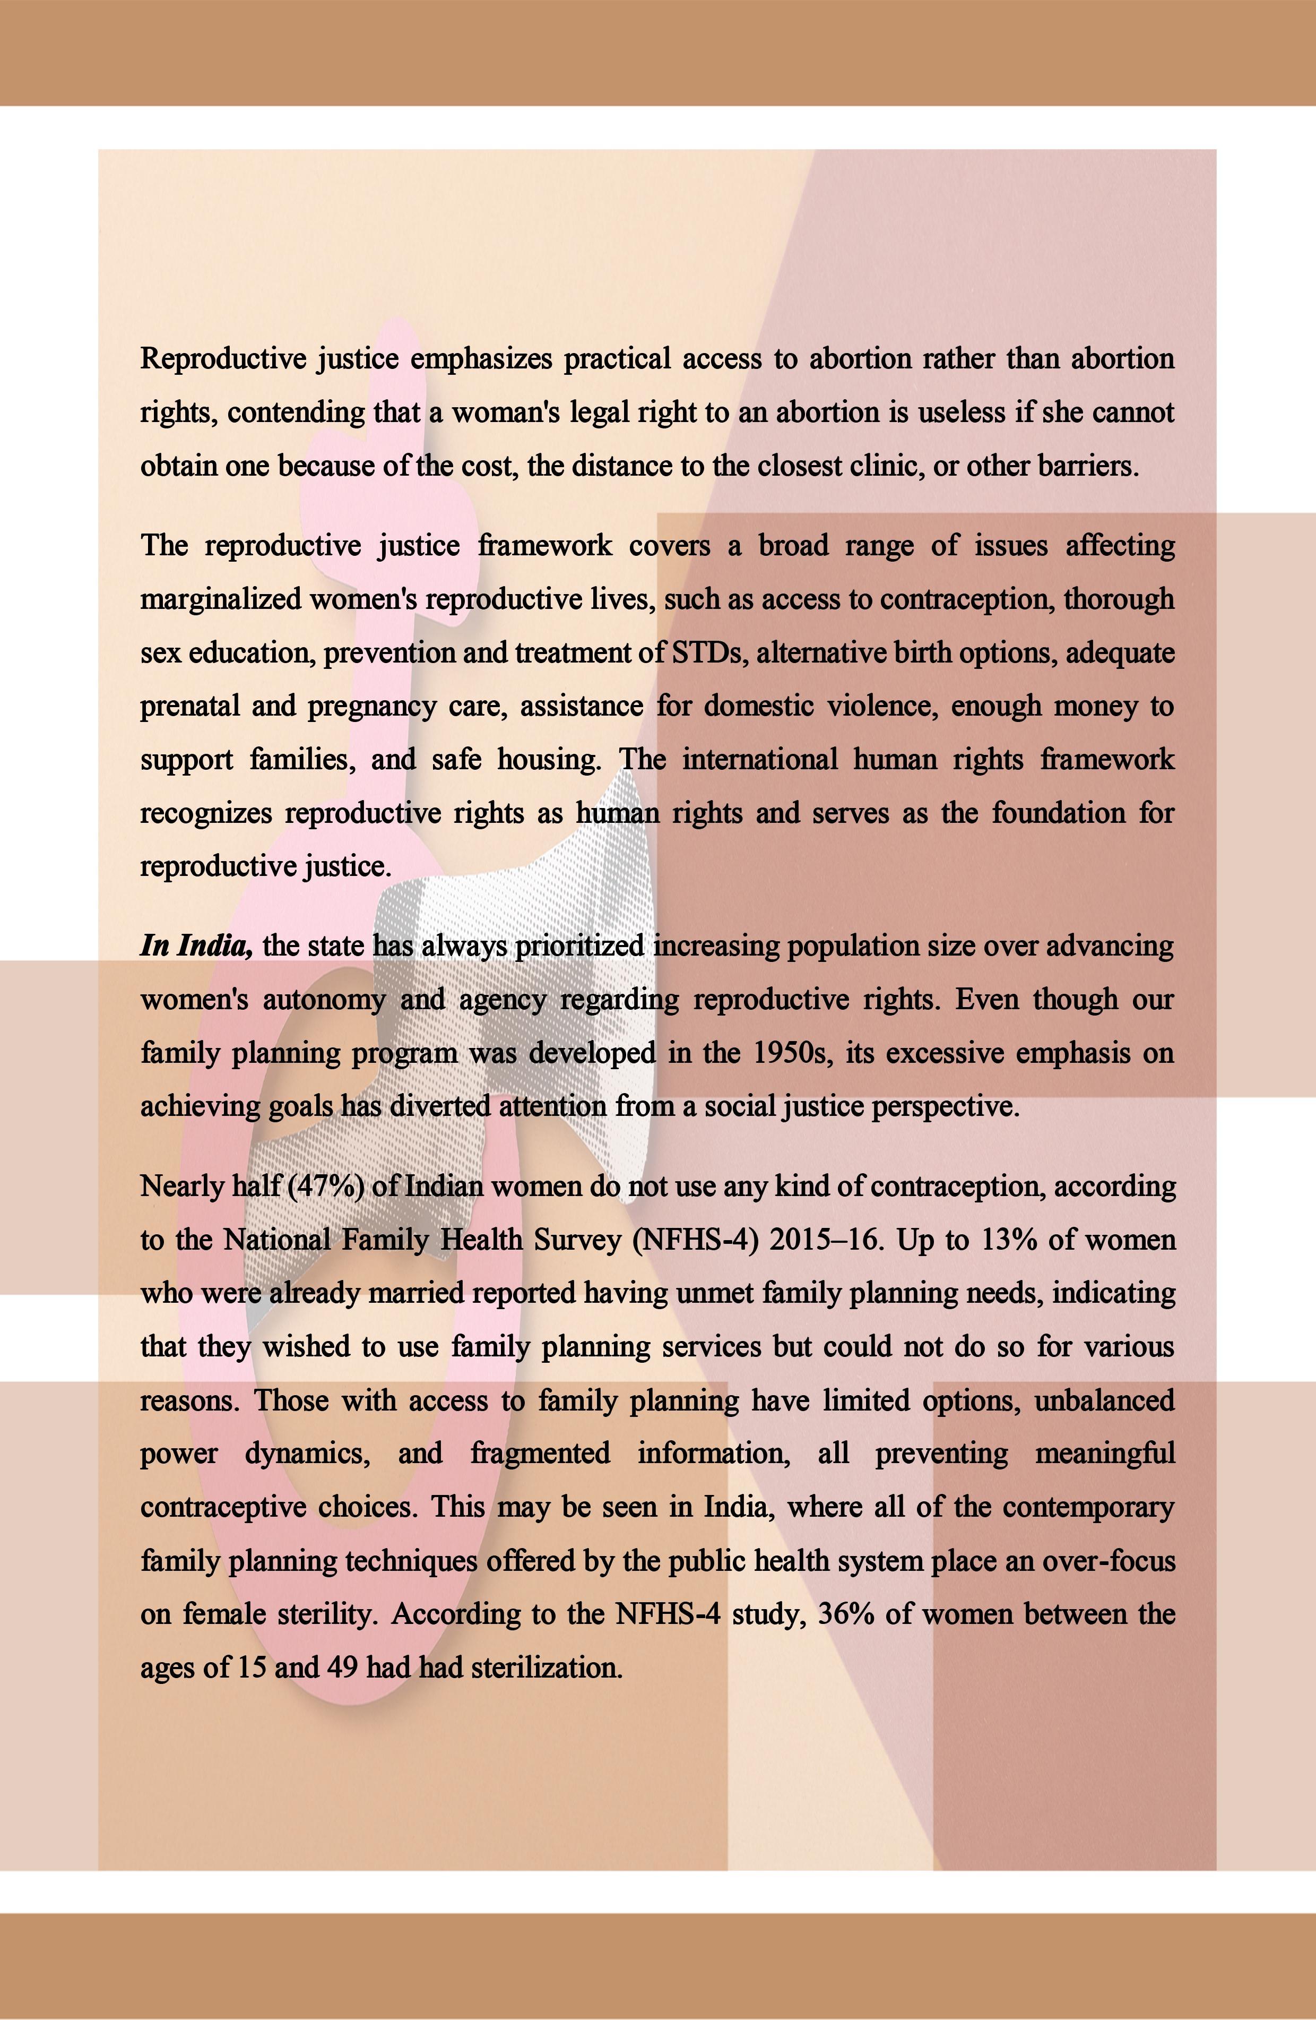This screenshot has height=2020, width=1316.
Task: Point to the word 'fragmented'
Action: coord(540,1454)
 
